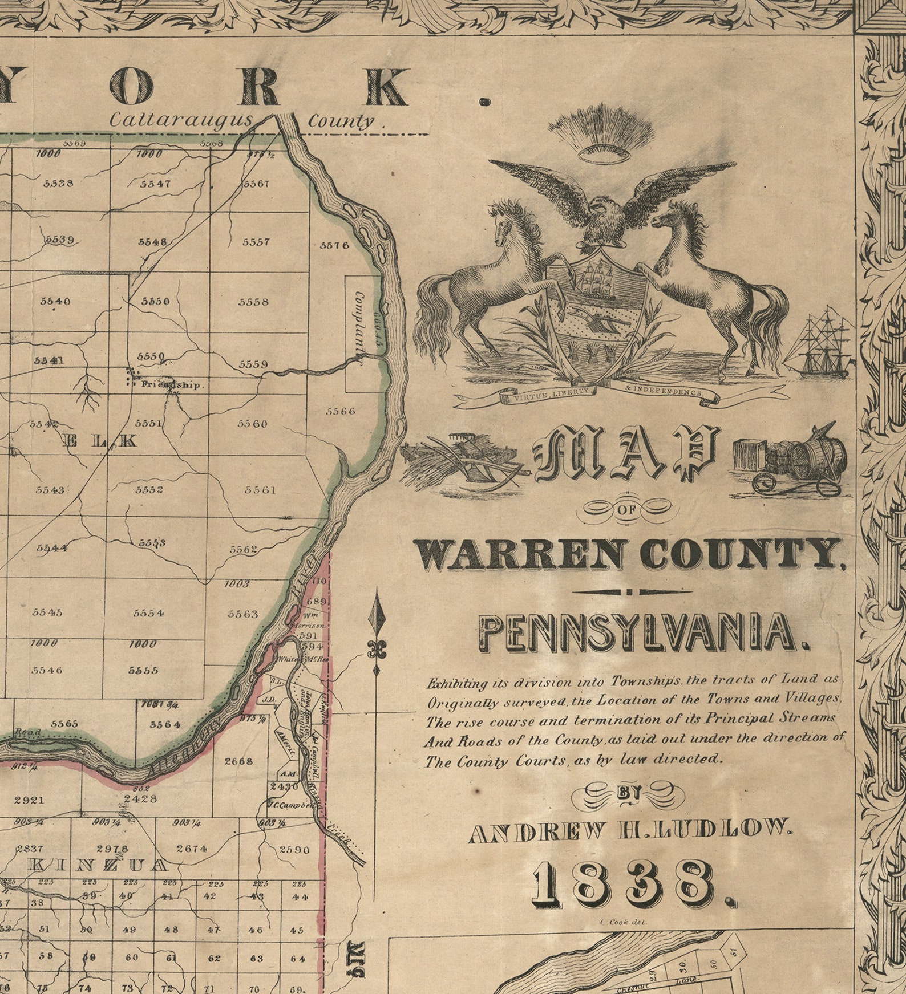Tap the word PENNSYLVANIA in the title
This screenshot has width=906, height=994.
coord(641,633)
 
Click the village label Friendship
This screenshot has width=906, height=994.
coord(171,385)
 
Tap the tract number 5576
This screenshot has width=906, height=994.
coord(334,245)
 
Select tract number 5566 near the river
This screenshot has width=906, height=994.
coord(340,411)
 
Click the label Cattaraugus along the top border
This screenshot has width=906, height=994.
coord(181,120)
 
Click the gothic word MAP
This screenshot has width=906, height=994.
coord(624,453)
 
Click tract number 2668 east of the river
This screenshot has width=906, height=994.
coord(238,761)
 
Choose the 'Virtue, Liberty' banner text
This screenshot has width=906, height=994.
coord(548,395)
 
